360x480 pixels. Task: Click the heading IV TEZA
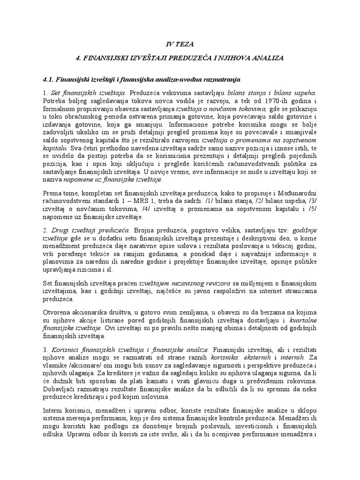[x=180, y=44]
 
